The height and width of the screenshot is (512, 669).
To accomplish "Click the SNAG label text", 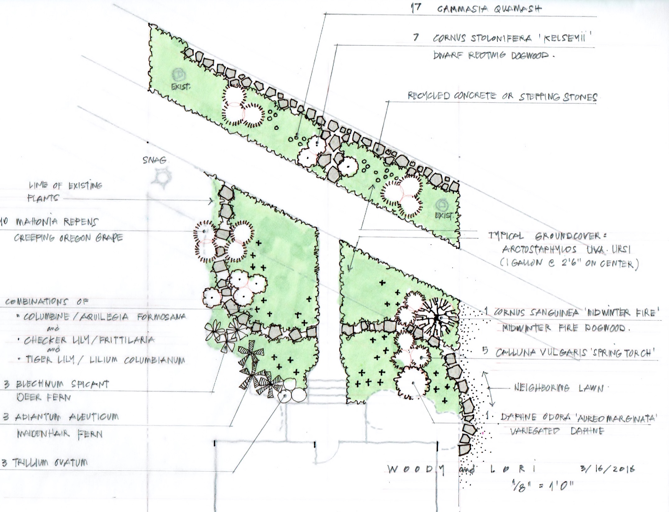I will tap(155, 160).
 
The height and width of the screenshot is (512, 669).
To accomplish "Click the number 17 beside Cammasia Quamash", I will tap(416, 8).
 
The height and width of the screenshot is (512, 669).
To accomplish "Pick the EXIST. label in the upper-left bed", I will tap(181, 87).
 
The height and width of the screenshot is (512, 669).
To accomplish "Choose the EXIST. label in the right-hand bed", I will tap(444, 216).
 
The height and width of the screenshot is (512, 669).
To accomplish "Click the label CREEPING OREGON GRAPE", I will tap(68, 238).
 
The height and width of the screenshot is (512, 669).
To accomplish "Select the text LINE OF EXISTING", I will tap(65, 186).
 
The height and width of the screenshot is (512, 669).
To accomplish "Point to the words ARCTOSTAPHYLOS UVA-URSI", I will tap(566, 249).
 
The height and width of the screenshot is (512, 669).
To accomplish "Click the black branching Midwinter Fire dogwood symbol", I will tap(437, 318).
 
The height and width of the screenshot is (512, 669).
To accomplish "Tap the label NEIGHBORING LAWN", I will tap(558, 388).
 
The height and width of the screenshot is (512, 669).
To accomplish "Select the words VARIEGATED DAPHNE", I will tap(557, 431).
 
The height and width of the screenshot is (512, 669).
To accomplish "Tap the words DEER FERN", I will tap(44, 397).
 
